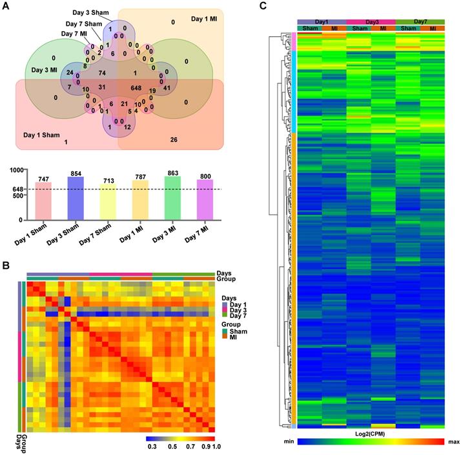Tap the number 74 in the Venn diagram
click(x=102, y=73)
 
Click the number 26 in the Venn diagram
click(x=173, y=140)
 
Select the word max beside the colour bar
click(x=453, y=441)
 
